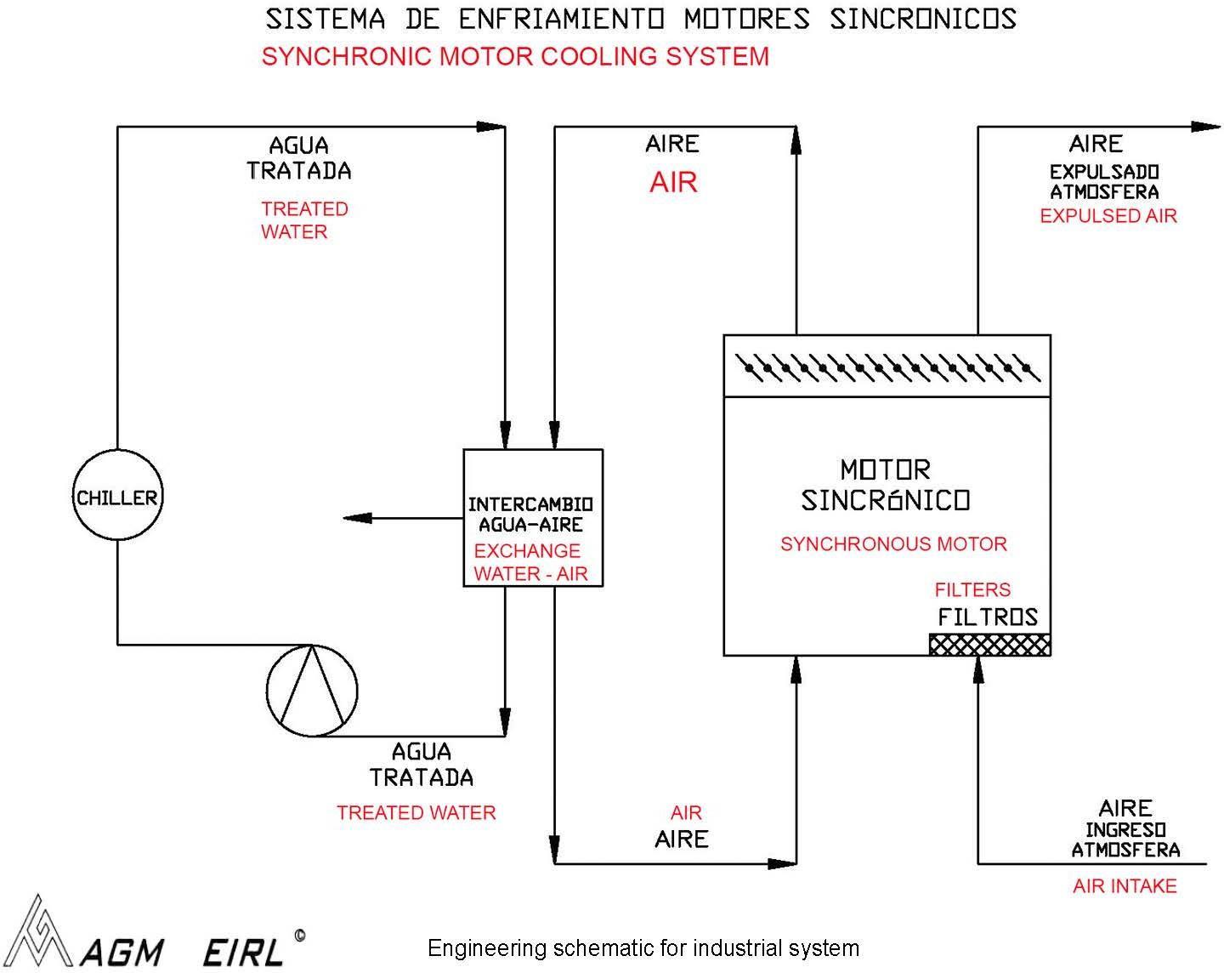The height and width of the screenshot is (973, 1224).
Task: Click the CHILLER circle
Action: pos(118,495)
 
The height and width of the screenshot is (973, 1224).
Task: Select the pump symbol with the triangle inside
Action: pos(312,690)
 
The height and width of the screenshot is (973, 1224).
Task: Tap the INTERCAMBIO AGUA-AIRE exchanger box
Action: pos(533,517)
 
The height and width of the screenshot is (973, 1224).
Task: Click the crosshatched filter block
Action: pos(989,645)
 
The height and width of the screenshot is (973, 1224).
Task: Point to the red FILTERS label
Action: pos(972,589)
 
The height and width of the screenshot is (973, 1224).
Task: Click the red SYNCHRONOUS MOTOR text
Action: pos(893,543)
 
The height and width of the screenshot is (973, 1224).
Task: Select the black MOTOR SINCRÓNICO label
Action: pos(886,485)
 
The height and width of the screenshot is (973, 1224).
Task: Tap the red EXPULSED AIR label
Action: pos(1108,216)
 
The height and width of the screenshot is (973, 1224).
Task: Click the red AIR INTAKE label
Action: pos(1125,886)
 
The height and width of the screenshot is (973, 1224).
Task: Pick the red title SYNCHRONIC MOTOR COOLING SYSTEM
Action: pos(515,56)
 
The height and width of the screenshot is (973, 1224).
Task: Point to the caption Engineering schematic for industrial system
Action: pos(643,948)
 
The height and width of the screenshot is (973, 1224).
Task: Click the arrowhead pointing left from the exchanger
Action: pos(358,518)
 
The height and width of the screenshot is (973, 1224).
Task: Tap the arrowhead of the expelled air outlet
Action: pos(1206,127)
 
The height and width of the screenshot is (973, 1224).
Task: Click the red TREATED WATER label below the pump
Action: pos(416,812)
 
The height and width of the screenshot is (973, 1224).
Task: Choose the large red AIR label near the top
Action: pos(673,182)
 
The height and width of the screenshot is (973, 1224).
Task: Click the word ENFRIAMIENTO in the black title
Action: pos(561,19)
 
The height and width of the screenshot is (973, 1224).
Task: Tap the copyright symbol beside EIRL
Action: pos(300,936)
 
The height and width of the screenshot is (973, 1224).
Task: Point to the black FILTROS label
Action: pos(988,617)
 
